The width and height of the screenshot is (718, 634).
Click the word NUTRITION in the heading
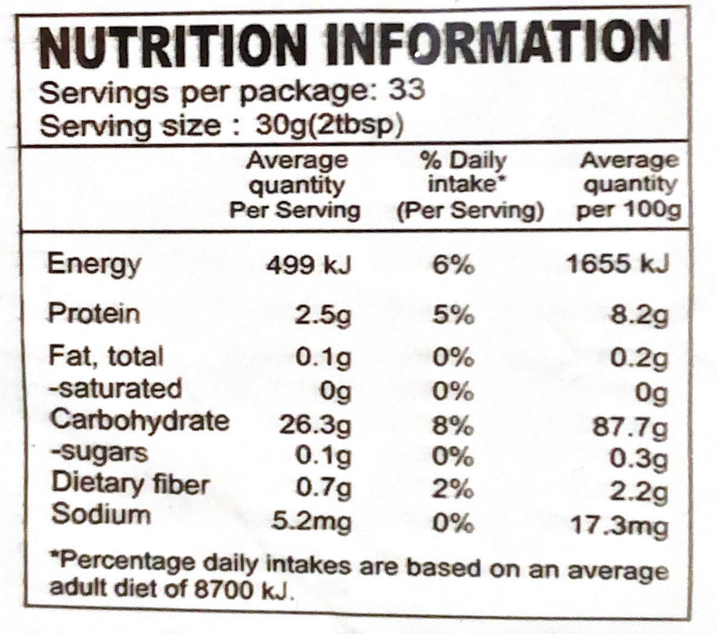tap(170, 46)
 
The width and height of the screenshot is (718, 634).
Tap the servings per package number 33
tap(406, 90)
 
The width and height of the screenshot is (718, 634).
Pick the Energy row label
tap(94, 264)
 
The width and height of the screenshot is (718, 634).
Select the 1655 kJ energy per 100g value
tap(618, 264)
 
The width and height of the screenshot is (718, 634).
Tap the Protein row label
tap(94, 313)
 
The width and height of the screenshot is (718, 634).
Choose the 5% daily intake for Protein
tap(453, 315)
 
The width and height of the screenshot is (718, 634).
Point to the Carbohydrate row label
tap(139, 420)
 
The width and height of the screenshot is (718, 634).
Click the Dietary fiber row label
tap(130, 484)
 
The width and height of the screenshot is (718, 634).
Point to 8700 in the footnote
tap(226, 588)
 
